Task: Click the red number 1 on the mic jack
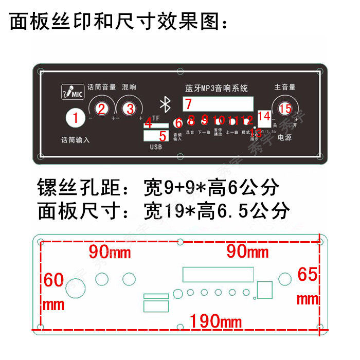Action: pos(76,118)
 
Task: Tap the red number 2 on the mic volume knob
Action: pos(102,109)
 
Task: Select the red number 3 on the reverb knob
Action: pos(130,109)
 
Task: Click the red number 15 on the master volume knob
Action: pos(285,108)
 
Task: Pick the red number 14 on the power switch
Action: pos(264,116)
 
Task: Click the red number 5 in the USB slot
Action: pos(163,136)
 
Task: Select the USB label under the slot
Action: pos(156,147)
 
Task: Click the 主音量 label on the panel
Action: pos(285,87)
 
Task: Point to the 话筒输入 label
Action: pos(75,139)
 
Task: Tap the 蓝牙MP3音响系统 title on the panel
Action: pos(216,88)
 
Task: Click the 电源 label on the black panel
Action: pos(285,137)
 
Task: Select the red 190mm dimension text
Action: pos(215,322)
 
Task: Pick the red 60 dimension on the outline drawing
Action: pos(53,280)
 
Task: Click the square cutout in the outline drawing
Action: pos(264,289)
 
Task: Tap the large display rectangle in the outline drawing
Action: pos(218,274)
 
